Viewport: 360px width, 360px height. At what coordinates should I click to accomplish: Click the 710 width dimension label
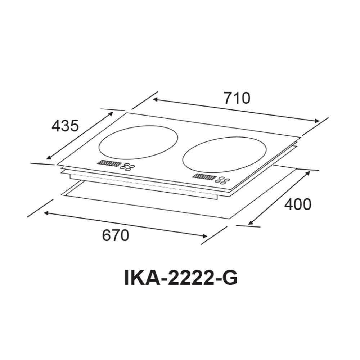(237, 98)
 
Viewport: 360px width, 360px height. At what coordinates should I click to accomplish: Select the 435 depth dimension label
(65, 126)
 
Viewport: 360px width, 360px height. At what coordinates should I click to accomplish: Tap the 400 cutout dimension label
(297, 204)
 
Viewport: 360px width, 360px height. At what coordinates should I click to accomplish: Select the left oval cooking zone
(138, 142)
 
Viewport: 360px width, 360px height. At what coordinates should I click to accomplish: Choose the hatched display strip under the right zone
(204, 176)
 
